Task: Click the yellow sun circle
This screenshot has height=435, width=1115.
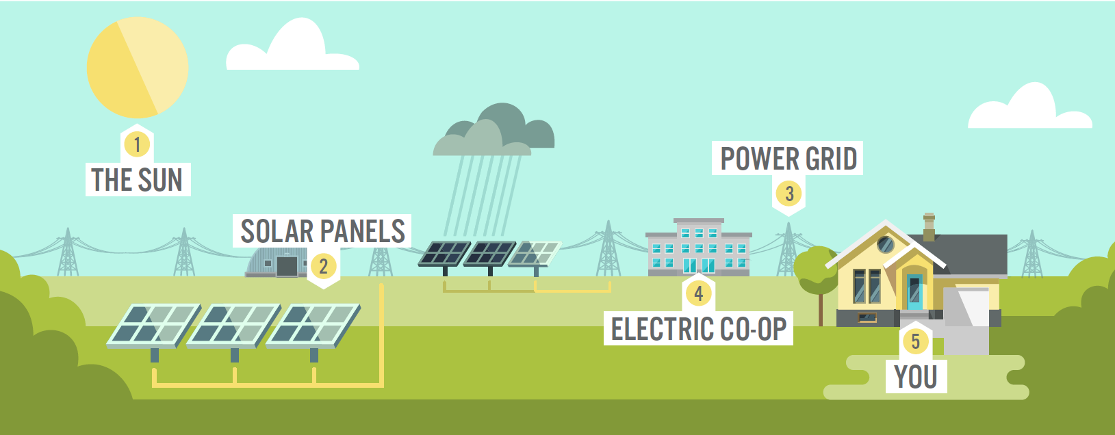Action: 137,68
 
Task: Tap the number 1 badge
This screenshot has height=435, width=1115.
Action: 137,145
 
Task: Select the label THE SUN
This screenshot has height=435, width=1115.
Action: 138,180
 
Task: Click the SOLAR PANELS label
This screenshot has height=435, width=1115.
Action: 322,231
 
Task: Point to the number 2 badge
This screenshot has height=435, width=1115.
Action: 324,266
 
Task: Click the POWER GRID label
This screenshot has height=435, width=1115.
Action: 788,159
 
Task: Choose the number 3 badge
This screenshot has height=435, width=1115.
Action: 789,194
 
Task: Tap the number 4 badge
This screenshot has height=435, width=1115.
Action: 698,293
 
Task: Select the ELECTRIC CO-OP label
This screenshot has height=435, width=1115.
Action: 698,329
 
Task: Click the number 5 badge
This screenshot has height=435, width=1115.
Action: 915,341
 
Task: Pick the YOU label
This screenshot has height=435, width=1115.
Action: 916,377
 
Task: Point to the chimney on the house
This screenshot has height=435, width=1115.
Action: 929,227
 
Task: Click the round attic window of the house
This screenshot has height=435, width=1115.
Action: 886,244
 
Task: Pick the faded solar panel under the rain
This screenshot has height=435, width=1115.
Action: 535,254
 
